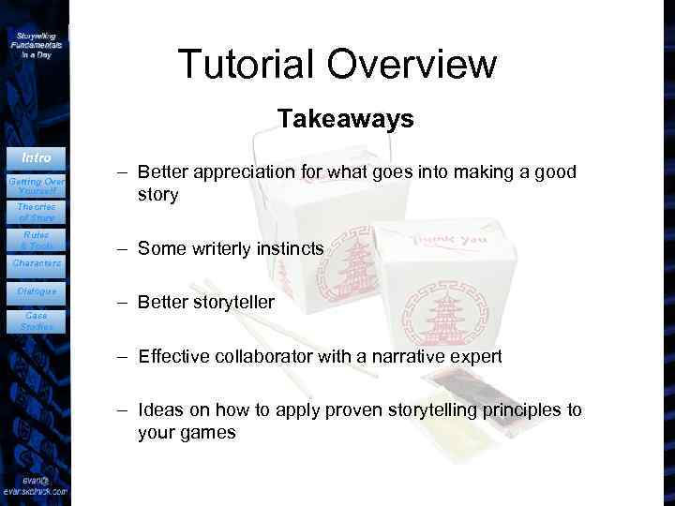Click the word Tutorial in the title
pos(245,64)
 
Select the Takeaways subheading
pos(345,119)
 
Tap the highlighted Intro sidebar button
pos(36,157)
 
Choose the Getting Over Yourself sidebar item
pos(36,183)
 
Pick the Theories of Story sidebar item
pos(36,212)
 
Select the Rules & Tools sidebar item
pos(36,240)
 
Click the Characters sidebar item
pos(36,263)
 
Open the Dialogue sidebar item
pos(36,291)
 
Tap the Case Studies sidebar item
pos(36,320)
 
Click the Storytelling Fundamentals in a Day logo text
pos(36,44)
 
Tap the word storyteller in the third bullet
pos(231,302)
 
